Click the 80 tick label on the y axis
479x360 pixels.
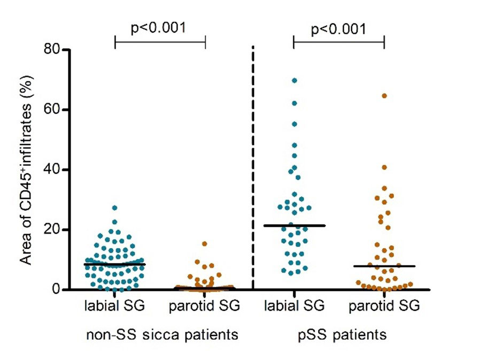click(x=53, y=50)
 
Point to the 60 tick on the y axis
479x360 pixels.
click(x=53, y=110)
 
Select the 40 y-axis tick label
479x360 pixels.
click(x=53, y=170)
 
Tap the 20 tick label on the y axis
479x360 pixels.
click(x=53, y=229)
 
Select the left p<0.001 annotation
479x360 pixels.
click(x=160, y=28)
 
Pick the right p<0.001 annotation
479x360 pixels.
click(x=338, y=28)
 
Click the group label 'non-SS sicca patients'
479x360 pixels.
click(x=162, y=335)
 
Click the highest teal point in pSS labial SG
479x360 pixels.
click(x=294, y=80)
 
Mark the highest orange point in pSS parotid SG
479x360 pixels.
click(x=384, y=96)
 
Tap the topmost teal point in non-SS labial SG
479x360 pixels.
click(x=114, y=208)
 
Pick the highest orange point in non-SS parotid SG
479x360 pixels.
click(x=205, y=244)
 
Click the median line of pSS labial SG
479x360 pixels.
click(x=294, y=226)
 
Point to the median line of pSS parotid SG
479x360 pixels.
click(x=384, y=266)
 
